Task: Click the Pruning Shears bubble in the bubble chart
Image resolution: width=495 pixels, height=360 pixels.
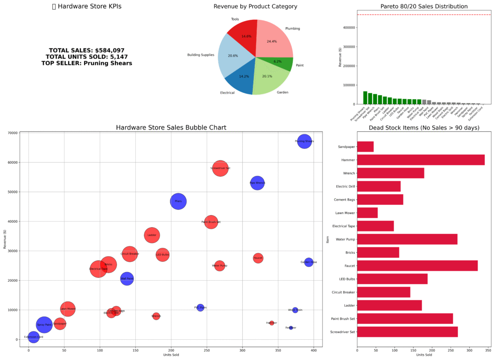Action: tap(304, 142)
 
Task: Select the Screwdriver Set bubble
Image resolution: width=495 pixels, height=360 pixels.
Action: tap(220, 169)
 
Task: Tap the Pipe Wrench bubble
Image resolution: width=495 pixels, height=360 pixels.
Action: tap(257, 183)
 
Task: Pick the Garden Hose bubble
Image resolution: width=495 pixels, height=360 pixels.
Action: tap(308, 262)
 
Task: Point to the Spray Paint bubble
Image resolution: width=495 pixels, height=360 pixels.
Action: tap(44, 325)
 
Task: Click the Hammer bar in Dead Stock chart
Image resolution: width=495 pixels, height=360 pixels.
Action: tap(421, 160)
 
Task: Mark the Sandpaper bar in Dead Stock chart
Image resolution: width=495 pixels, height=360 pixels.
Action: tap(365, 146)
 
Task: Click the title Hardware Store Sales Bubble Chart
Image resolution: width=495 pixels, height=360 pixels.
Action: tap(171, 128)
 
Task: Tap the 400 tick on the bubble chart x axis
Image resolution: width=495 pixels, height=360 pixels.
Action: tap(313, 350)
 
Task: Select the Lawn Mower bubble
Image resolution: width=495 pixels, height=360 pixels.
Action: tap(68, 309)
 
